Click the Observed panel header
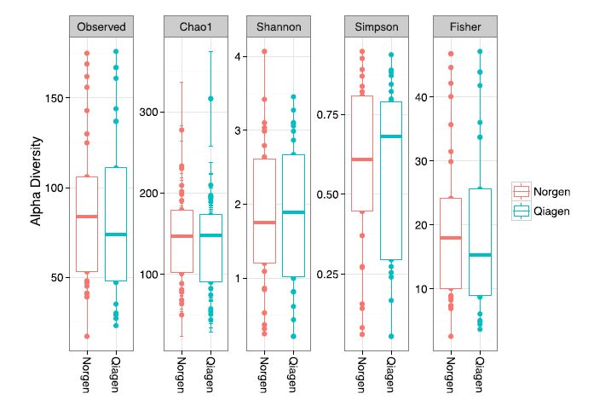tap(101, 26)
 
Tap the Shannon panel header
tap(279, 26)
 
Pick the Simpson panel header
tap(376, 26)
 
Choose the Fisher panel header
tap(464, 26)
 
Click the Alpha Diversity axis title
tap(37, 183)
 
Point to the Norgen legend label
tap(551, 192)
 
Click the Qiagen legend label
tap(551, 211)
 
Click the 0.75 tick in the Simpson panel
tap(329, 113)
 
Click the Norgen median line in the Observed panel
tap(87, 217)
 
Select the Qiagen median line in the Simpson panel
tap(391, 136)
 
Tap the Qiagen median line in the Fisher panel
tap(480, 255)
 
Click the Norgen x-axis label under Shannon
tap(264, 375)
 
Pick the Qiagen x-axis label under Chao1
tap(210, 375)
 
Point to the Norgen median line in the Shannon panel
tap(264, 223)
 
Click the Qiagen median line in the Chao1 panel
tap(210, 235)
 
